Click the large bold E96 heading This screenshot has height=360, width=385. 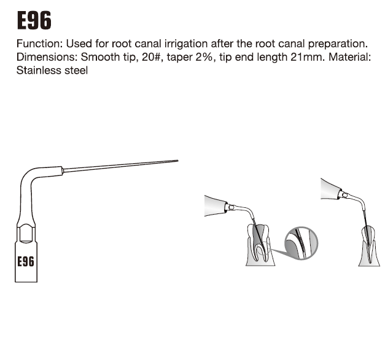[x=34, y=20]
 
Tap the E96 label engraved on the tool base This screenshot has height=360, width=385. [x=26, y=261]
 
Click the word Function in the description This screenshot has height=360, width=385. [x=38, y=44]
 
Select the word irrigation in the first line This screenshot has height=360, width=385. [x=186, y=44]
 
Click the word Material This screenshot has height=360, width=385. [x=349, y=57]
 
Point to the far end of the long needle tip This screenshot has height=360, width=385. [x=178, y=161]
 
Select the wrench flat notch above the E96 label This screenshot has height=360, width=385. [x=26, y=232]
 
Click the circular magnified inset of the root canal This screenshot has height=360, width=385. [x=301, y=243]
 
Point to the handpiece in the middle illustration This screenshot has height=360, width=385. [x=216, y=205]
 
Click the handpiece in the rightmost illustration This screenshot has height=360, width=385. [x=332, y=189]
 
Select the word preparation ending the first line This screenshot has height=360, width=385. [x=338, y=44]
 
